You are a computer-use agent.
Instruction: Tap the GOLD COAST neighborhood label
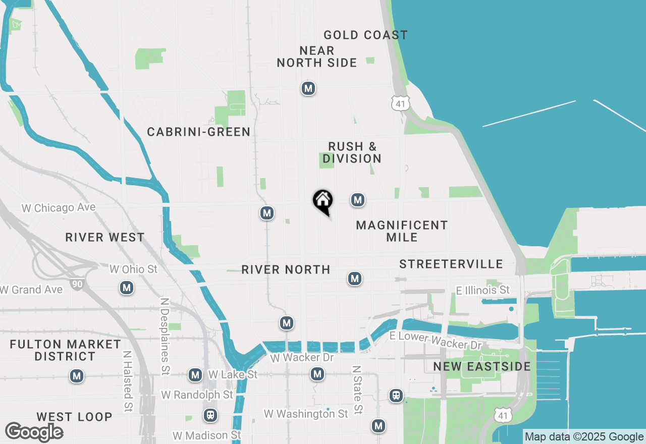[x=365, y=35]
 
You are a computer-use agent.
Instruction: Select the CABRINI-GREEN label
[x=199, y=132]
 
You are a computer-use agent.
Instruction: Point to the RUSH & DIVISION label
[x=352, y=152]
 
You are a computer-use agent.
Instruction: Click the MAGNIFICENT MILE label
[x=402, y=231]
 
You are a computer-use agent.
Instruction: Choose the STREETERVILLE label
[x=451, y=264]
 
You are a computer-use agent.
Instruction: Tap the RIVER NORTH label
[x=286, y=270]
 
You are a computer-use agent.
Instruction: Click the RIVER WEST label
[x=105, y=238]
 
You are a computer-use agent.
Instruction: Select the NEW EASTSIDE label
[x=482, y=366]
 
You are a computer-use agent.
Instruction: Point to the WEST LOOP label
[x=74, y=417]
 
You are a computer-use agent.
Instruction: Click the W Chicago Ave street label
[x=59, y=208]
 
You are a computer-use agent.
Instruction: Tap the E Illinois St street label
[x=482, y=290]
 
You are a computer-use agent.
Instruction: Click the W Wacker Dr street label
[x=302, y=358]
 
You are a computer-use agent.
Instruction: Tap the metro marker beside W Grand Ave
[x=126, y=288]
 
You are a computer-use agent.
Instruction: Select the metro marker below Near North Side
[x=308, y=89]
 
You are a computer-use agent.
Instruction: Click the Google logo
[x=34, y=432]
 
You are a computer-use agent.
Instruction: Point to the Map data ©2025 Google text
[x=584, y=437]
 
